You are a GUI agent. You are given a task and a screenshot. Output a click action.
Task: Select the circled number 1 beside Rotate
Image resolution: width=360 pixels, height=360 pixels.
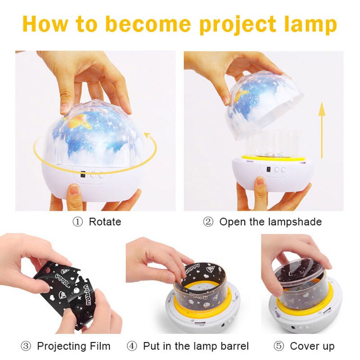78,222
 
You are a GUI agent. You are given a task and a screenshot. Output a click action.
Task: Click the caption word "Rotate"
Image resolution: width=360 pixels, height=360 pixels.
105,222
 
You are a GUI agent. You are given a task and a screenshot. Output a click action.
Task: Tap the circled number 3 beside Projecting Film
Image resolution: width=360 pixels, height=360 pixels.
26,346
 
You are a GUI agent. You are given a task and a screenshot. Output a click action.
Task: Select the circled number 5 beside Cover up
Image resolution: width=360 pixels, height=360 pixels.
279,346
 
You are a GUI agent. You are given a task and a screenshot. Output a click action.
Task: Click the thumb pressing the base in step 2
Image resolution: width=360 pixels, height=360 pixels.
260,184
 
